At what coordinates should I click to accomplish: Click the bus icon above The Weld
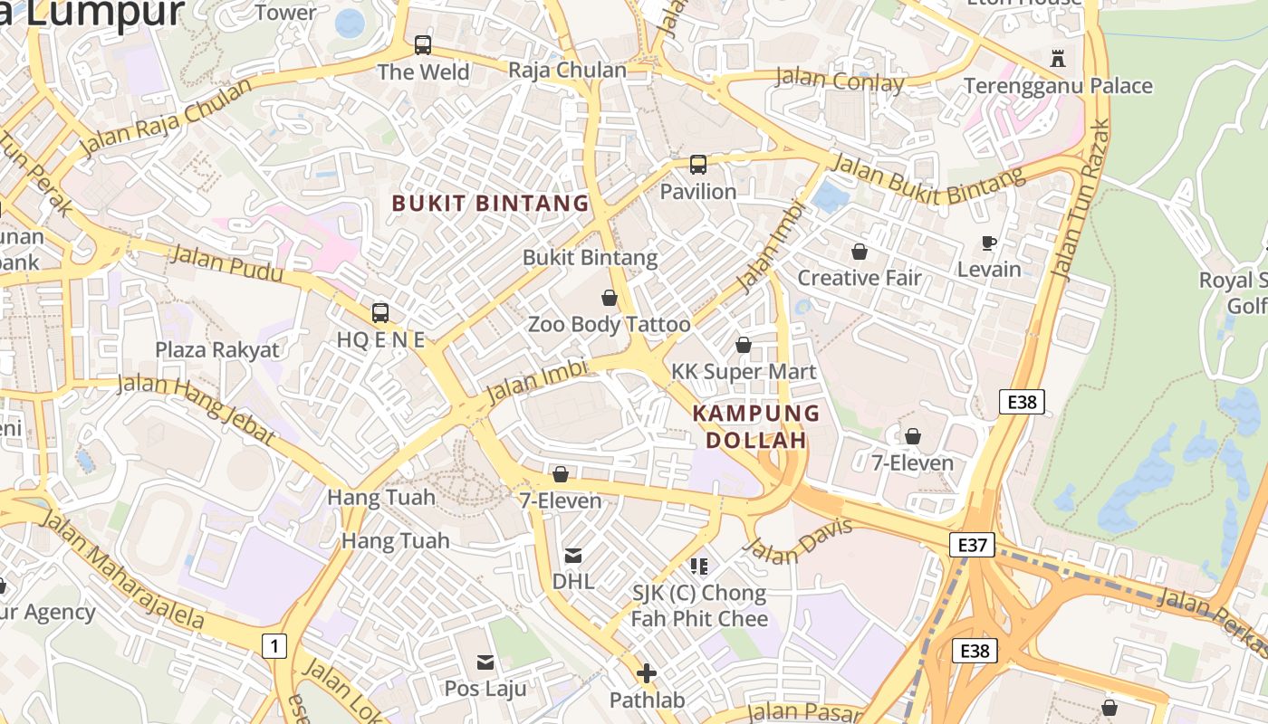point(423,44)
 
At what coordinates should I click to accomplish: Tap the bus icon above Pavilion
point(697,165)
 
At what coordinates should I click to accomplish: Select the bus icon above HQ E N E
point(380,313)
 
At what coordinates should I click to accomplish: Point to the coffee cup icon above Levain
point(989,243)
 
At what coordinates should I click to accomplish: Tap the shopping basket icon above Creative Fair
point(859,252)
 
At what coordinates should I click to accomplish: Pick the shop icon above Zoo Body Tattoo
point(609,298)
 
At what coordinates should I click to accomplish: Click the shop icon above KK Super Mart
point(744,345)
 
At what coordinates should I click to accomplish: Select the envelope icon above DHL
point(573,555)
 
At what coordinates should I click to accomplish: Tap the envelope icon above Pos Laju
point(485,662)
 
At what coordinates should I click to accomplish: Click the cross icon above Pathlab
point(647,673)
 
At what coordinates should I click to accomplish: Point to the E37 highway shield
point(973,545)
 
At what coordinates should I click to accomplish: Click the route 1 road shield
point(274,646)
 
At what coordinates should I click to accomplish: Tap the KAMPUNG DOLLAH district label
point(756,427)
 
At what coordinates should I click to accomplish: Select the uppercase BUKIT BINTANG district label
point(490,204)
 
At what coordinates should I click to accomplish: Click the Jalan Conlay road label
point(840,81)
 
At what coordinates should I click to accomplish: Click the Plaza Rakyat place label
point(217,350)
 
